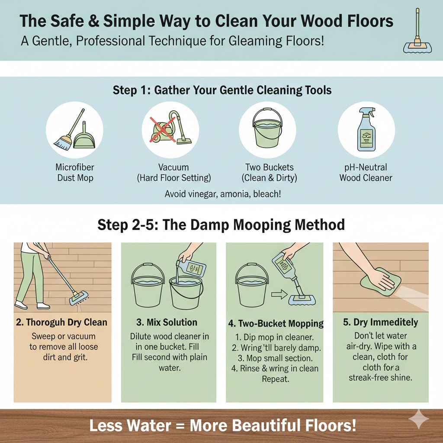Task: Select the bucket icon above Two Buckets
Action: [267, 130]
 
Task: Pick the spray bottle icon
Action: [366, 130]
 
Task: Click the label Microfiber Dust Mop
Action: [75, 172]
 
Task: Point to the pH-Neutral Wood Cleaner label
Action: [366, 172]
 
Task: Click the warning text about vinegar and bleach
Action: [223, 194]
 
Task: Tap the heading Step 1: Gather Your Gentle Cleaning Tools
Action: [222, 90]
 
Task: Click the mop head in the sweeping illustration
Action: [78, 298]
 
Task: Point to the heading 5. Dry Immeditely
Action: [380, 322]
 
